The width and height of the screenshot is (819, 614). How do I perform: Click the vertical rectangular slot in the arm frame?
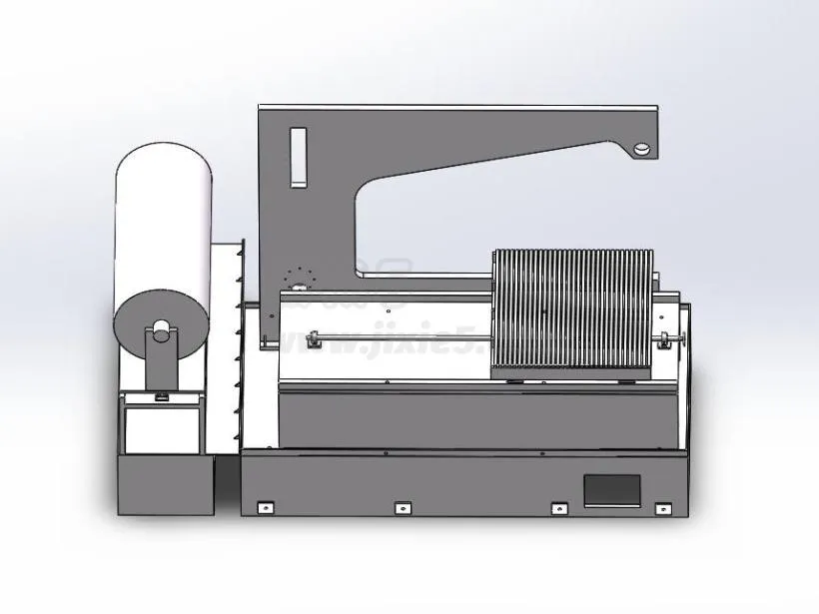(297, 157)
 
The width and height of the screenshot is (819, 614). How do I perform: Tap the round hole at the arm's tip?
(641, 148)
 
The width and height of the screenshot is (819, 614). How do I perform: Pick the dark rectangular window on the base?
(612, 490)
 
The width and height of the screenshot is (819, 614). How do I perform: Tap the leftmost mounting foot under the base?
(265, 507)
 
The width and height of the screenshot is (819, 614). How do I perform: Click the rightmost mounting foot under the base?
(663, 509)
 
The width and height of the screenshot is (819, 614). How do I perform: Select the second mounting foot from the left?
(403, 508)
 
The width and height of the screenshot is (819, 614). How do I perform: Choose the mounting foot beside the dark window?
(560, 508)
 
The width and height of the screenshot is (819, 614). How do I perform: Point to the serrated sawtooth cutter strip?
(236, 339)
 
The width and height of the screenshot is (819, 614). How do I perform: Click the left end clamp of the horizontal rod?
(313, 341)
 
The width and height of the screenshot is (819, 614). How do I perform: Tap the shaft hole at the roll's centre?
(160, 326)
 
